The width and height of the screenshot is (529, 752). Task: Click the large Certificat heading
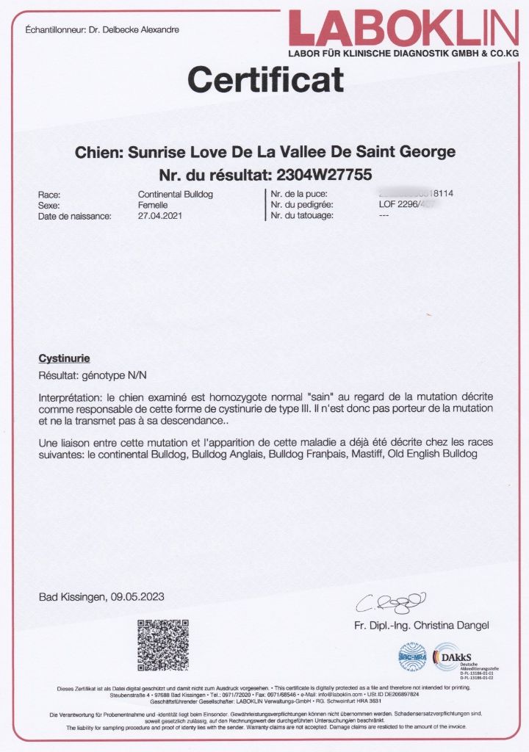(265, 79)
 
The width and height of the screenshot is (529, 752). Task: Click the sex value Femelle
(153, 206)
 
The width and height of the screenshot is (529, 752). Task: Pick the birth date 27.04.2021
(160, 216)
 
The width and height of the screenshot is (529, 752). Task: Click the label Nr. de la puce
(298, 195)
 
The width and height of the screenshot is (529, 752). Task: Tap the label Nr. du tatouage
(303, 216)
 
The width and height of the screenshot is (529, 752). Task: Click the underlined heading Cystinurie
(64, 359)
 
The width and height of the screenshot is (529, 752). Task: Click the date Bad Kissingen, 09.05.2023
(101, 597)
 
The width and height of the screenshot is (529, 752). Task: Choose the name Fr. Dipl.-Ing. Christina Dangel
(421, 626)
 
